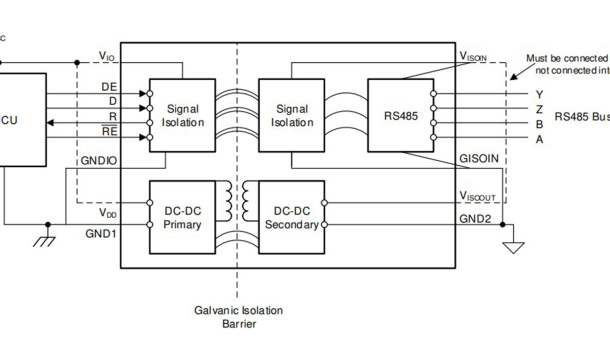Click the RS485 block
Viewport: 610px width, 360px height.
[400, 115]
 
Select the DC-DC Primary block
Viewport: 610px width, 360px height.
[182, 217]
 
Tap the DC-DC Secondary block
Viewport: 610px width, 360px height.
[291, 217]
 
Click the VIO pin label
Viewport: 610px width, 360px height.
[106, 56]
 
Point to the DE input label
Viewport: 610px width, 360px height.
[108, 86]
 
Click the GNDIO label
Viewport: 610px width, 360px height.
[98, 160]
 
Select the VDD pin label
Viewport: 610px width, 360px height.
[107, 213]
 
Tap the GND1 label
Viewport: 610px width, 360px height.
[101, 233]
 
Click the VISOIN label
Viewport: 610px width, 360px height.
[473, 56]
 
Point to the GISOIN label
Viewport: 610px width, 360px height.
[478, 158]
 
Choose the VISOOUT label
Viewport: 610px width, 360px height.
[477, 195]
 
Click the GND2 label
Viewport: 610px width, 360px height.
[475, 218]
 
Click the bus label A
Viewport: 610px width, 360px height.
[539, 140]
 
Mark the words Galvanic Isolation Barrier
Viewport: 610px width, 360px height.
[238, 317]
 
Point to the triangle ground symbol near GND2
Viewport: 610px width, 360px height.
[513, 247]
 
